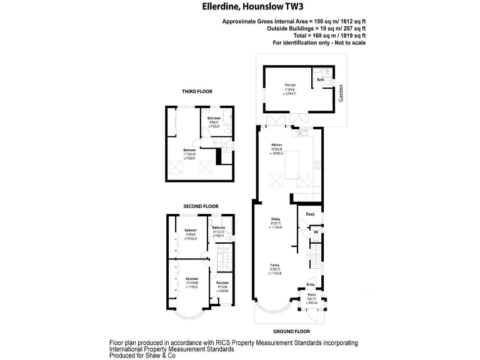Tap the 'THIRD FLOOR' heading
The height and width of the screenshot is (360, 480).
pos(197,91)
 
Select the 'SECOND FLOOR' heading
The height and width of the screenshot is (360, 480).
pos(200,206)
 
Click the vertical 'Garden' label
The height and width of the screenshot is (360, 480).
pos(341,94)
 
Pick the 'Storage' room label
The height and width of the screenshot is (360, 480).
pos(290,84)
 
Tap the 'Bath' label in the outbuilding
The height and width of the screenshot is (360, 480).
pos(321,80)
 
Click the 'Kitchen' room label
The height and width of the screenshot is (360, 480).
pos(277,144)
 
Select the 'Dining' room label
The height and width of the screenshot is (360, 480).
pos(275,219)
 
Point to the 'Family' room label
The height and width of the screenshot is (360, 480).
pos(274,265)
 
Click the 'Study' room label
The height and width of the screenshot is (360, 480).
pos(310,214)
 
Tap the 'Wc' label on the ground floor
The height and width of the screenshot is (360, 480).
pos(316,232)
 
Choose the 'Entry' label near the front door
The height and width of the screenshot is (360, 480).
pos(311,284)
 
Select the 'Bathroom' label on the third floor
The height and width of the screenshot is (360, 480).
pos(214,117)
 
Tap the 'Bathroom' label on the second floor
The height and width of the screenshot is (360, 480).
pos(218,227)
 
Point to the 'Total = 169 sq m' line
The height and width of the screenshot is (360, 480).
pos(319,36)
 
